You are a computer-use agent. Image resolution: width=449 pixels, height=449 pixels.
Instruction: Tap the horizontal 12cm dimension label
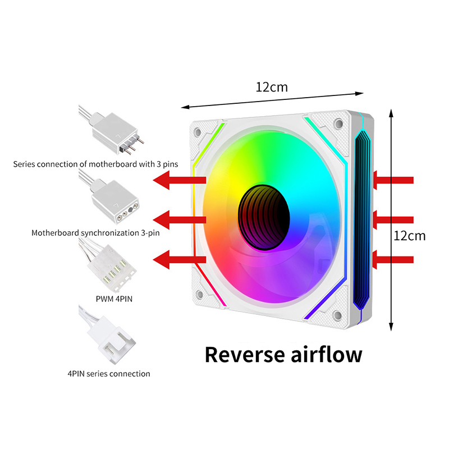272,87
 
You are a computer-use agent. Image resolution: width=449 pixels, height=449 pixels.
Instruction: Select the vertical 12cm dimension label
410,236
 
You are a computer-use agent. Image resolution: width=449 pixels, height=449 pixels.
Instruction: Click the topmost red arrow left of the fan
180,180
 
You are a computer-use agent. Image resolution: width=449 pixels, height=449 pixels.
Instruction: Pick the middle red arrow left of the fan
180,218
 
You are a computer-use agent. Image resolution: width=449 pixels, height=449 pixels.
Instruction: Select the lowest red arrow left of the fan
180,259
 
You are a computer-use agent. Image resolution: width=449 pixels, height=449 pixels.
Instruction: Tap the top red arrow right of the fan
394,180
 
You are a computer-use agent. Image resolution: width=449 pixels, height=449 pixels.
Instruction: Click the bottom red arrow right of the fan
394,259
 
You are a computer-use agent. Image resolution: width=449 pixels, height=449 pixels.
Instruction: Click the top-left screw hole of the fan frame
198,132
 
